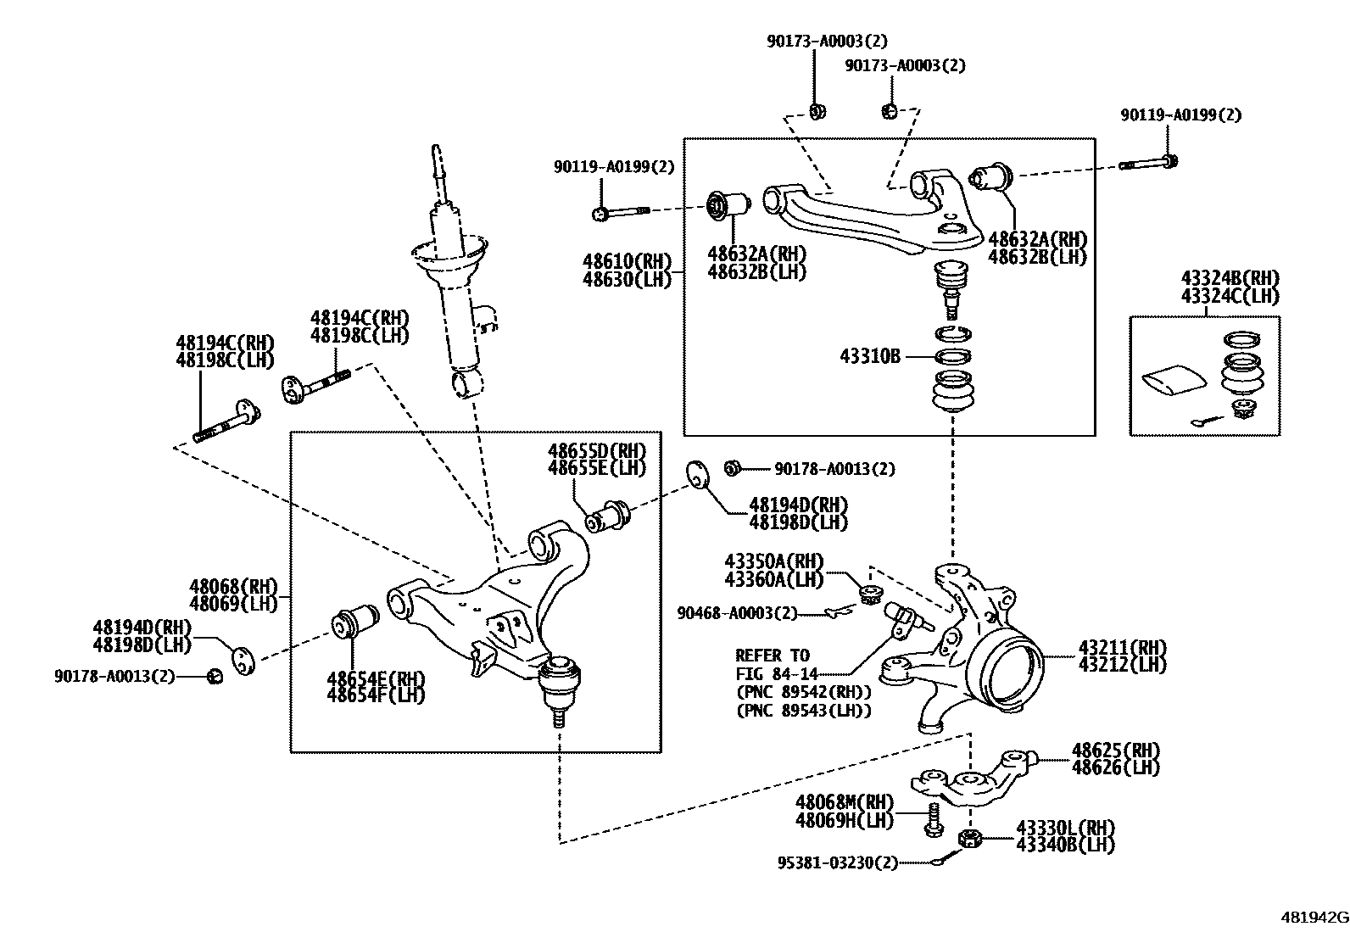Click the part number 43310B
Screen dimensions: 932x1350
(x=870, y=357)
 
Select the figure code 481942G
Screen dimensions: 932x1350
(x=1314, y=918)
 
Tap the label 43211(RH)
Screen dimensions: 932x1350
(x=1122, y=648)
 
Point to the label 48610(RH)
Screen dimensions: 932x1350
(x=627, y=260)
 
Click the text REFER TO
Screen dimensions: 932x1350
(x=772, y=656)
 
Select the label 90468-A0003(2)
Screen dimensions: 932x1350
(x=737, y=612)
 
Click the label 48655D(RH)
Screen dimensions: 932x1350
(x=596, y=451)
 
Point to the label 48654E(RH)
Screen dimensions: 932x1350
(x=376, y=679)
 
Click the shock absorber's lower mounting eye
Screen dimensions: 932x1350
(x=468, y=381)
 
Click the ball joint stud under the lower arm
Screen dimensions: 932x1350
(x=558, y=717)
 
